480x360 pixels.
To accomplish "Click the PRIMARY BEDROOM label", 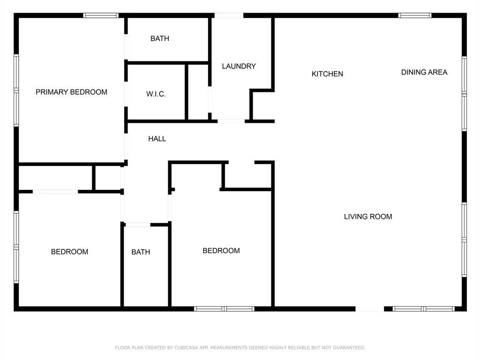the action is click(x=71, y=92).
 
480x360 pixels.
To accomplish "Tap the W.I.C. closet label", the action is click(x=156, y=94).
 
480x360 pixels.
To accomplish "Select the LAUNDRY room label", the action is click(x=239, y=66).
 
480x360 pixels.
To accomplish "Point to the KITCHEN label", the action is click(x=327, y=74).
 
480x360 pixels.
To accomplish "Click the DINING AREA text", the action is click(x=424, y=72).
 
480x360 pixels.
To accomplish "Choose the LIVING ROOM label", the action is click(x=368, y=217).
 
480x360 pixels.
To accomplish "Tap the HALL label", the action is click(x=157, y=139).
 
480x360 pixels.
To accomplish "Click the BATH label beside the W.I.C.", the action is click(x=160, y=38).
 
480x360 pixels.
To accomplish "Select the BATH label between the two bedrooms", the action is click(x=141, y=252).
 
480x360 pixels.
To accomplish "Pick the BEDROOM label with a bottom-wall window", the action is click(x=221, y=251).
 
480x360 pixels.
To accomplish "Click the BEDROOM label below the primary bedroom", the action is click(x=69, y=252).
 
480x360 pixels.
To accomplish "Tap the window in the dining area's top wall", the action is click(x=415, y=15).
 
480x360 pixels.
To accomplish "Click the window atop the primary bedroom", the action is click(x=101, y=15).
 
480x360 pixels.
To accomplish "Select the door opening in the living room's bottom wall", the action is click(x=370, y=309).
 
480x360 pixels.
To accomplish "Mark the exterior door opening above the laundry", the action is click(x=229, y=15).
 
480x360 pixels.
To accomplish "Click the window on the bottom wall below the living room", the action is click(x=424, y=309).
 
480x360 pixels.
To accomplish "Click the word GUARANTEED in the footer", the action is click(x=349, y=348).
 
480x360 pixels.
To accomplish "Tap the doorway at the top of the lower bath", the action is click(x=138, y=225).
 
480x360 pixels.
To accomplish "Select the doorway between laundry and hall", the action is click(x=231, y=121).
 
